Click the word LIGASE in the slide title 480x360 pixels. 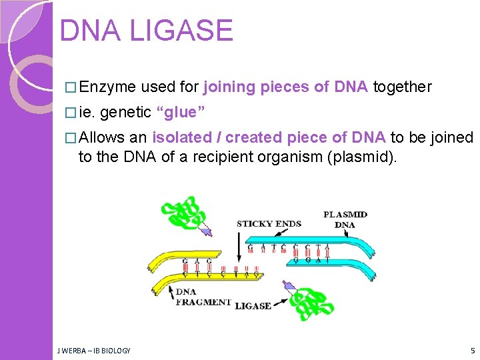tap(182, 31)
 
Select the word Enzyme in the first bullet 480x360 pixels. tap(107, 87)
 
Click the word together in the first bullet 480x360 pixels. tap(402, 87)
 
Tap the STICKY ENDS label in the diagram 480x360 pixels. tap(269, 224)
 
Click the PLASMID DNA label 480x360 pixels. tap(345, 219)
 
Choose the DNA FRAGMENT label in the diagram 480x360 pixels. tap(203, 297)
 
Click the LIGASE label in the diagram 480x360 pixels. tap(253, 306)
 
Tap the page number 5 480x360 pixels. tap(472, 350)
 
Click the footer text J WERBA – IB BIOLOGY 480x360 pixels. tap(94, 350)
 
